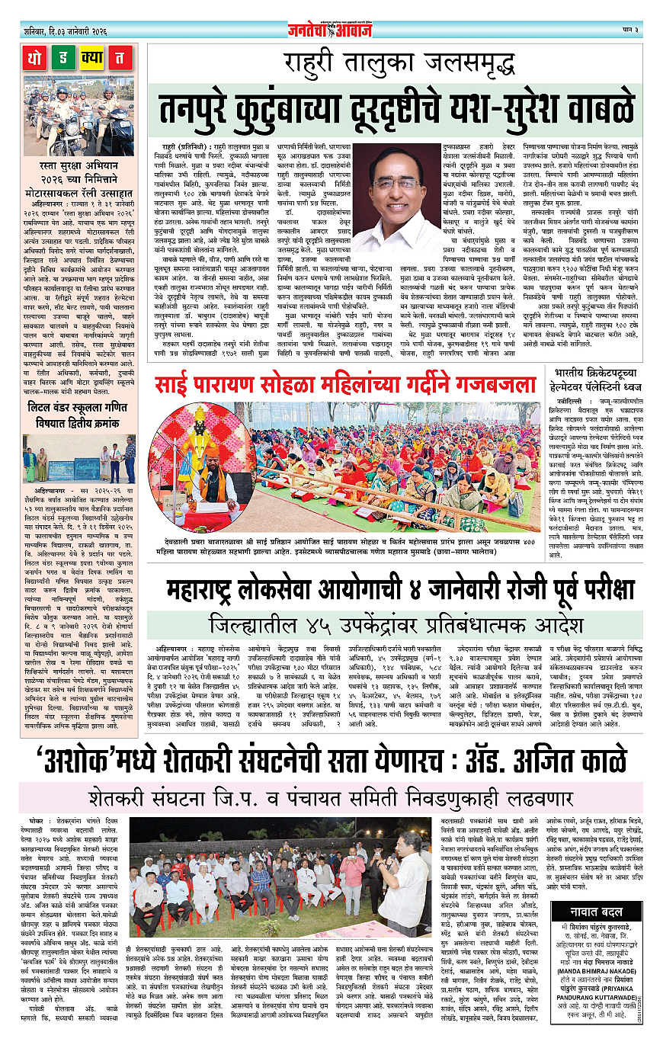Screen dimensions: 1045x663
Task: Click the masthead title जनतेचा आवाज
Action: point(331,30)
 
